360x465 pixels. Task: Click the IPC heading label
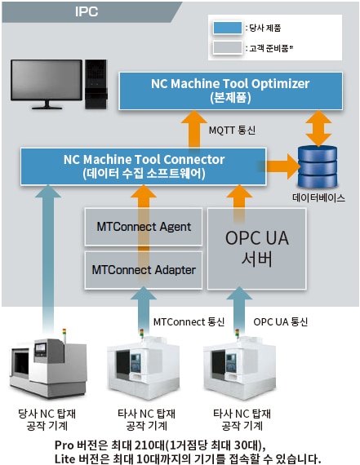87,11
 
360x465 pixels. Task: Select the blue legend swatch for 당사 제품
227,29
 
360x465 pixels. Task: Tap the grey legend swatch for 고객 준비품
227,48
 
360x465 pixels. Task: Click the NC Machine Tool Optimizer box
230,91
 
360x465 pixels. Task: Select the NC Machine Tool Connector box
144,166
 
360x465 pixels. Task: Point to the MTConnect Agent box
144,227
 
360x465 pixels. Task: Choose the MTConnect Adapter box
144,270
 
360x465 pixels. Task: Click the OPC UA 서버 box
256,249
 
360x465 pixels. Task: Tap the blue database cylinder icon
318,166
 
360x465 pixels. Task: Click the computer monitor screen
47,80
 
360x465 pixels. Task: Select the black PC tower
96,84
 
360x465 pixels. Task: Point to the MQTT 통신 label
232,131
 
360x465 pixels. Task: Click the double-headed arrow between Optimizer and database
318,128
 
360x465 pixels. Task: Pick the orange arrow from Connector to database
282,166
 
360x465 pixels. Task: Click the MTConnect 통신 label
189,321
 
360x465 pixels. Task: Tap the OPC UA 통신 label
281,321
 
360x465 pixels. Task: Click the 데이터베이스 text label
318,197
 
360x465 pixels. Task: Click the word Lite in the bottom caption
64,458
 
